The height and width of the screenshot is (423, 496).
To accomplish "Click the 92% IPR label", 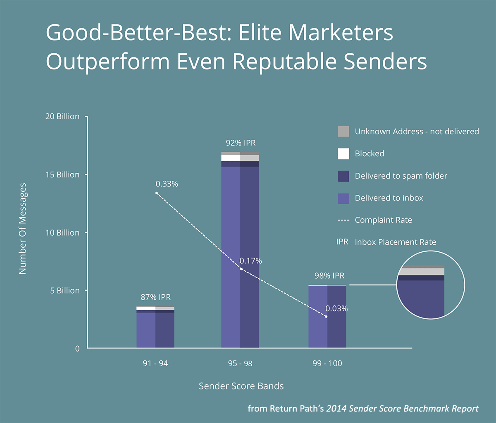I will (241, 143).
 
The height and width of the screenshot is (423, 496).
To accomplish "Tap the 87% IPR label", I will (155, 297).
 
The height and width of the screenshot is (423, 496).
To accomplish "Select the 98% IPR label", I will (329, 276).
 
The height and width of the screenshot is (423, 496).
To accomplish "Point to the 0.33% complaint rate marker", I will (157, 193).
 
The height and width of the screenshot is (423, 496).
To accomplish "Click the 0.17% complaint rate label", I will (250, 261).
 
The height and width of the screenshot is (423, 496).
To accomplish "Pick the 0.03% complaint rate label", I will (336, 308).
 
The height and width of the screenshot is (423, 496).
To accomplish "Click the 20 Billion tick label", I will (62, 117).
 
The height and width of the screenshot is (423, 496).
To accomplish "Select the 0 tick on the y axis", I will (77, 349).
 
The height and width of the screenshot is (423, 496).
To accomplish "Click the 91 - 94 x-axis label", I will (155, 364).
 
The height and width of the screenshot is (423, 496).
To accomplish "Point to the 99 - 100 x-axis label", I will (327, 364).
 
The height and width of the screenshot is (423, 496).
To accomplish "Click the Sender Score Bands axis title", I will (241, 386).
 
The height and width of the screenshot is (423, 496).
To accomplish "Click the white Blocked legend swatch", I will (343, 153).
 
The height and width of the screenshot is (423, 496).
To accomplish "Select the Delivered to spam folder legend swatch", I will (343, 176).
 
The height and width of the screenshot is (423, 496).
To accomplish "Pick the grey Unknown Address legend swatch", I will (343, 131).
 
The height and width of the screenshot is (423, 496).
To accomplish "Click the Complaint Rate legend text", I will (383, 220).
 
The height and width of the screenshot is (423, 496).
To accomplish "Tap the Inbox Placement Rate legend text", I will (395, 242).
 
